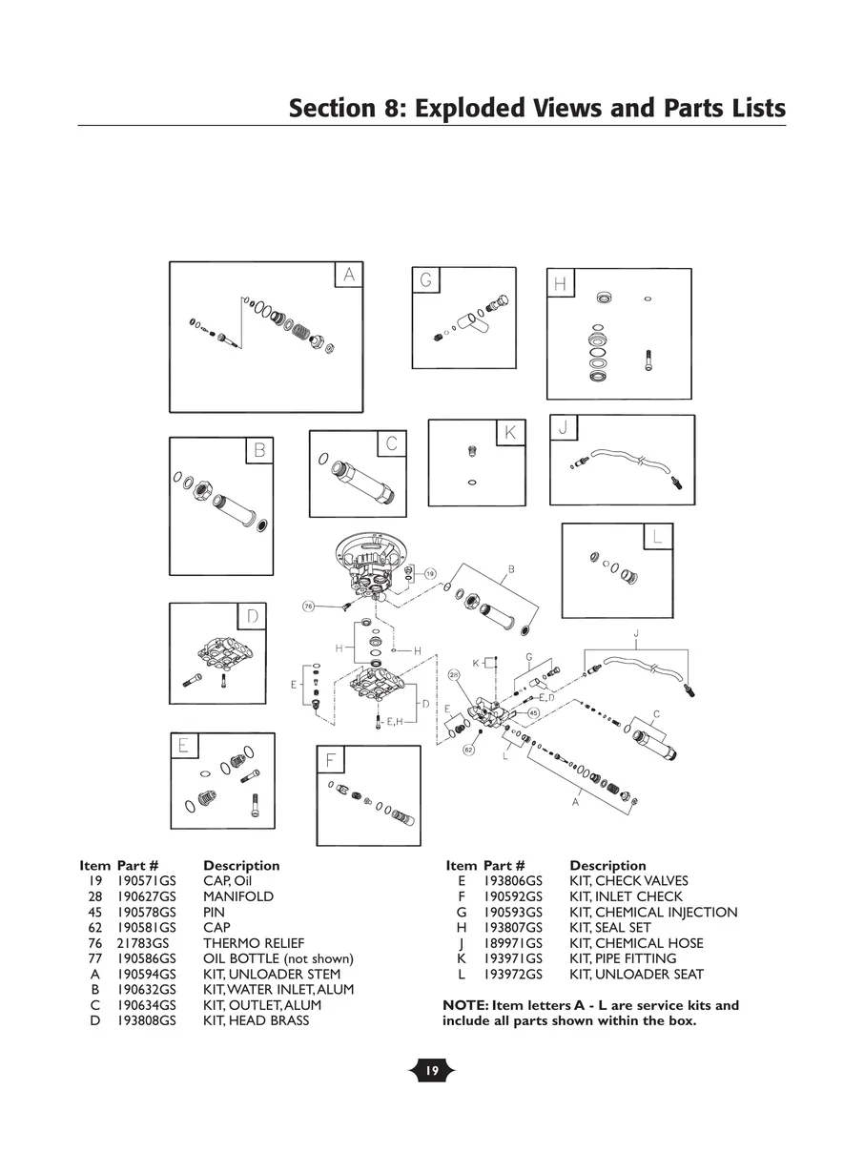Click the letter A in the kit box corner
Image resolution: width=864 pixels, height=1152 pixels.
(349, 275)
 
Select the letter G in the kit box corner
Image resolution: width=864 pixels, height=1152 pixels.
(426, 280)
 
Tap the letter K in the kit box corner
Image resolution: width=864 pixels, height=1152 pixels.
(510, 433)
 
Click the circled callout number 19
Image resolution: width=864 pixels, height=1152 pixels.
(430, 574)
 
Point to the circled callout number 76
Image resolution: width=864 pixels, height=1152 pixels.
(308, 606)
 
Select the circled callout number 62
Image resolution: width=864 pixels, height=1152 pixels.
(468, 751)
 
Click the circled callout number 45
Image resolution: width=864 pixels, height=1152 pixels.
(534, 712)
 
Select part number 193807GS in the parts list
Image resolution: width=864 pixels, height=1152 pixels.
(513, 928)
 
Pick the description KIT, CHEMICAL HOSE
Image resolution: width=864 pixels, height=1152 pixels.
(636, 943)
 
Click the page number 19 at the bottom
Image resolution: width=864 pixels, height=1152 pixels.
(431, 1072)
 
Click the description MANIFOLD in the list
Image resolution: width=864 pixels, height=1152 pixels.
(237, 896)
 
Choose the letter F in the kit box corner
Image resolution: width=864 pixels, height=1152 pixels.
(330, 760)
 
